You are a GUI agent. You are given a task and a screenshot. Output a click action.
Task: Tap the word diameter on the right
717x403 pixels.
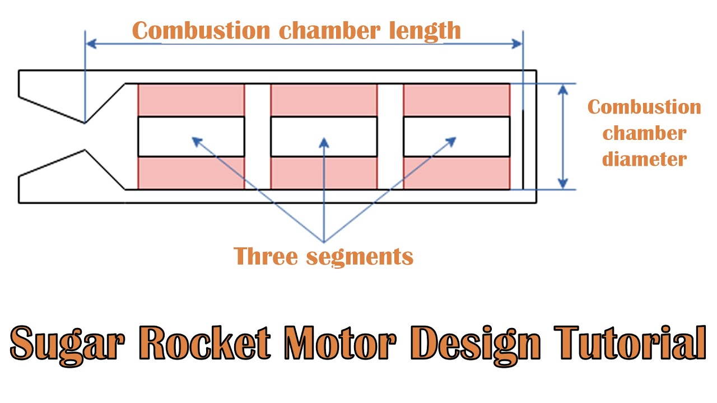coord(644,159)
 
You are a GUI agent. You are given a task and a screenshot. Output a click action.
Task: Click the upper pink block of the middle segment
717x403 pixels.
coord(324,100)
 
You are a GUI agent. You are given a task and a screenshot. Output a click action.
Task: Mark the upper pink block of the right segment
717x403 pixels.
coord(457,100)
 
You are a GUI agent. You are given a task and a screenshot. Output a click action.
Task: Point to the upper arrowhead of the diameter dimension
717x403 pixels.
coord(563,89)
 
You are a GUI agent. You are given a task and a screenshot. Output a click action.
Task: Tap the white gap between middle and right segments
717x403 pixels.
coord(390,137)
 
